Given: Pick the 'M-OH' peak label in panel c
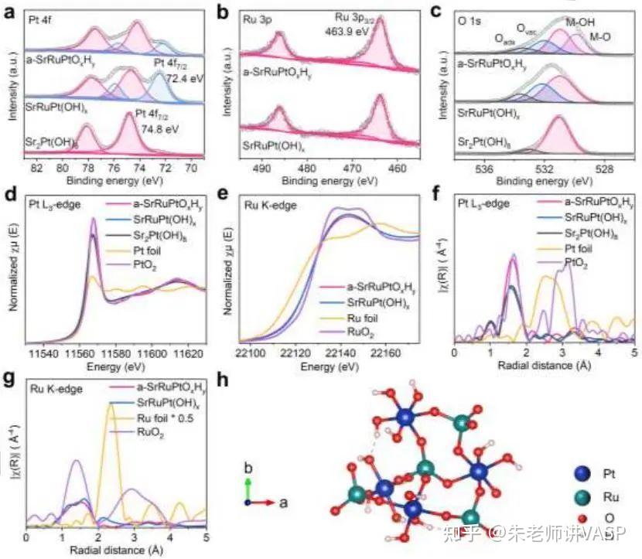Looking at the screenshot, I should [x=580, y=23].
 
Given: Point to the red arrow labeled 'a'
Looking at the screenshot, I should [x=263, y=502].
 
